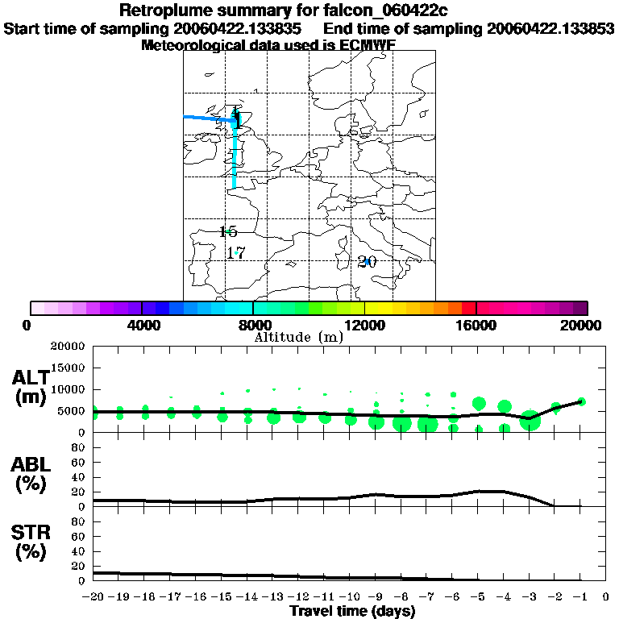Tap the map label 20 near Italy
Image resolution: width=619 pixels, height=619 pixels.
[x=367, y=262]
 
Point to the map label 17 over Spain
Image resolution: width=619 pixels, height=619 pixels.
[x=235, y=253]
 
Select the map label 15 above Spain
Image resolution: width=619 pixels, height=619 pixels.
[x=228, y=232]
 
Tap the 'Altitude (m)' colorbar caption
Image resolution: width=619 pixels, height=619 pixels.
[x=298, y=337]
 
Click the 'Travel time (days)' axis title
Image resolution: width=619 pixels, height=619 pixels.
[x=351, y=611]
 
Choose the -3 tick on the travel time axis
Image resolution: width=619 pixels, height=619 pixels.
[x=530, y=596]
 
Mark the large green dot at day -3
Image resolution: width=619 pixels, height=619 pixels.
[x=530, y=420]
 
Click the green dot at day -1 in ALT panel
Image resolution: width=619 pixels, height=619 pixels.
[x=581, y=401]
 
